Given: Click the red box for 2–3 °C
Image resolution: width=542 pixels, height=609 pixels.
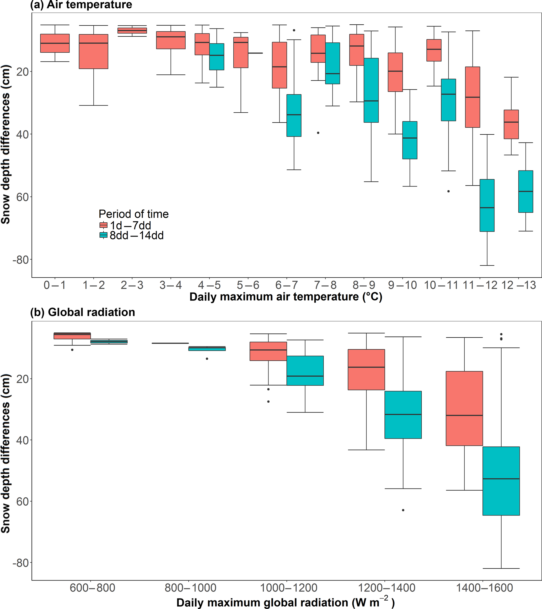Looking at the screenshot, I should [132, 31].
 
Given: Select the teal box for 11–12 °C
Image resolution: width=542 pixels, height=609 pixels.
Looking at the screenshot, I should [487, 205].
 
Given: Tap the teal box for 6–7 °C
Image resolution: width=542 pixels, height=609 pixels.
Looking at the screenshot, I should [294, 115].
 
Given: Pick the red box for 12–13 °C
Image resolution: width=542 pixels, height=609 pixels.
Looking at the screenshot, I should [511, 124].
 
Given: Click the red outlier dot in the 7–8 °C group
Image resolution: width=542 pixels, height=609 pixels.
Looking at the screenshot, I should [318, 133].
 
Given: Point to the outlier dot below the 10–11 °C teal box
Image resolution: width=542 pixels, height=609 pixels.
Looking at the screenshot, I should [448, 191].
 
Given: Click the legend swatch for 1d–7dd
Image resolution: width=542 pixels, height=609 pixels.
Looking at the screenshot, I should [103, 225].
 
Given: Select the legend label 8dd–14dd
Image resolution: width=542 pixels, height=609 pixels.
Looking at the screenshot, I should [137, 236].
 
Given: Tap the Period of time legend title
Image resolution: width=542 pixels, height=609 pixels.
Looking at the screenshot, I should [134, 214].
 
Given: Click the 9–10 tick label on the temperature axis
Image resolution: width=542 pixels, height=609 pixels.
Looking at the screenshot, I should [402, 285].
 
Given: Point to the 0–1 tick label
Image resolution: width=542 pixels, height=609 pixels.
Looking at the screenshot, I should [55, 285].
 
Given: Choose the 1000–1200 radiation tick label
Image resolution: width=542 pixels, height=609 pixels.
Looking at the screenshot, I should [288, 588].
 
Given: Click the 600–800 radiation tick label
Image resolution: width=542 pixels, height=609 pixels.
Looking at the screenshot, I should [92, 588].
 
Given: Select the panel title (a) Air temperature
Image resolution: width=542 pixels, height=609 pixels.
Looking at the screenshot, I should [81, 5].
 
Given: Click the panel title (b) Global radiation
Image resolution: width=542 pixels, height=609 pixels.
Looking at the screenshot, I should [83, 312].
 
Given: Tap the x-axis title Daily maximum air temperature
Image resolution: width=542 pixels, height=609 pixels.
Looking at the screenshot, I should [286, 297].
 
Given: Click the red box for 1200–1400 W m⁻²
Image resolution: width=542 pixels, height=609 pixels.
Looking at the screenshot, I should [366, 369].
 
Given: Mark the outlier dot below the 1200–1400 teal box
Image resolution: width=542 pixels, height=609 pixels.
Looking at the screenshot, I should [403, 510].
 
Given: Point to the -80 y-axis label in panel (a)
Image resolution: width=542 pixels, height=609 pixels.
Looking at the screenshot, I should [20, 260].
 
